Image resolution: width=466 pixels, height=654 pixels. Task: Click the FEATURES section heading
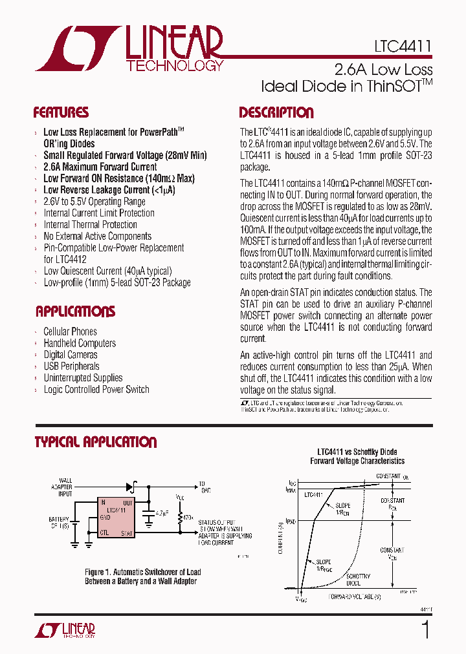pos(61,112)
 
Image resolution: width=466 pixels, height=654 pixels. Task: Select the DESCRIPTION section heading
pos(276,112)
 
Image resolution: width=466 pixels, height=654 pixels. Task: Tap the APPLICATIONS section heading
pos(75,311)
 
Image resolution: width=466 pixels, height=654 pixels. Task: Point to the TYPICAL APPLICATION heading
pos(95,442)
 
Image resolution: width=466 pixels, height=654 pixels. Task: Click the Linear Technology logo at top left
pos(129,48)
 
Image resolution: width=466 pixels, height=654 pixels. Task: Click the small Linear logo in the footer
pos(65,630)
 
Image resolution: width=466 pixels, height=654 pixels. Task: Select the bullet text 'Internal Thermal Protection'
pos(90,225)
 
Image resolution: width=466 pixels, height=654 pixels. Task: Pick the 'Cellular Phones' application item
pos(70,332)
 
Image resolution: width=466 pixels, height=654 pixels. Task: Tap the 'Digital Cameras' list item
pos(71,355)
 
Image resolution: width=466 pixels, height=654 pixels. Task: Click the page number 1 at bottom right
pos(425,629)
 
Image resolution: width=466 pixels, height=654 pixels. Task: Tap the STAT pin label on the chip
pos(127,533)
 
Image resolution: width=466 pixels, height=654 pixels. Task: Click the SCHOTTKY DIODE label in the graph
pos(358,578)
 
